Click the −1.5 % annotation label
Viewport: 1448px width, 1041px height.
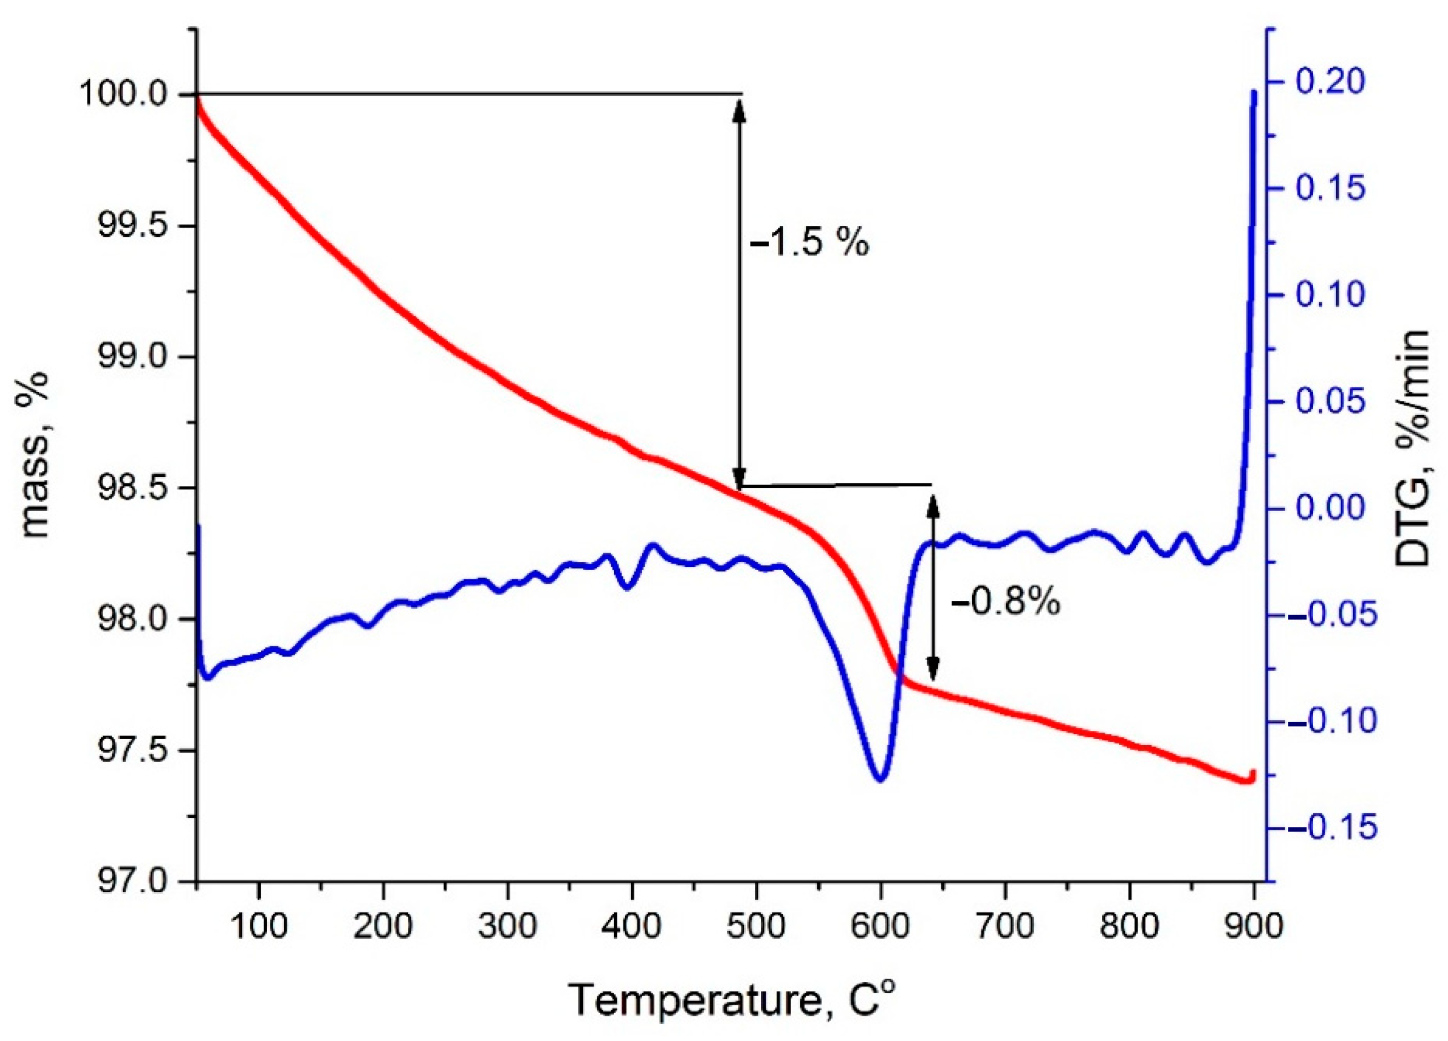tap(809, 244)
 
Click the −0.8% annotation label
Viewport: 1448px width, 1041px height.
tap(1006, 602)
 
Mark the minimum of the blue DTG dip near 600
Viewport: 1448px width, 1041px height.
tap(881, 779)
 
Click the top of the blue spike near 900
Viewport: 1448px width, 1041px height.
tap(1253, 93)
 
